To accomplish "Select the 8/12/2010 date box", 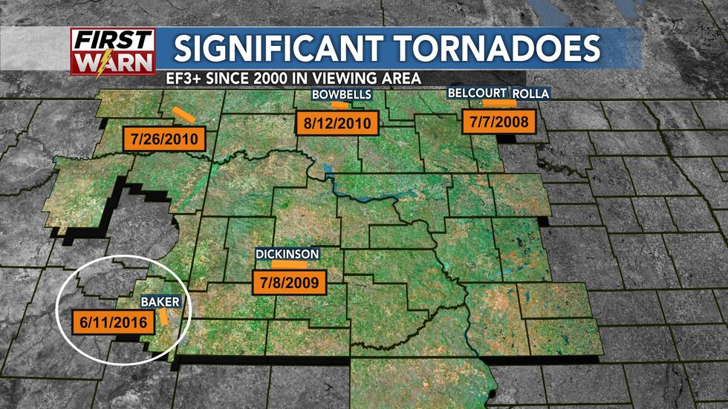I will (337, 122).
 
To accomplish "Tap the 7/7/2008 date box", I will (498, 121).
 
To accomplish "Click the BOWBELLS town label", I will (340, 95).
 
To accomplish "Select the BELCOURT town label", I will (477, 93).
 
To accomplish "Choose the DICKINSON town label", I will (287, 254).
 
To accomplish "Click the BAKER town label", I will (158, 303).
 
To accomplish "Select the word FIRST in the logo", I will (114, 39).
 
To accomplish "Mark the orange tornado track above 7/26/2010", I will (183, 115).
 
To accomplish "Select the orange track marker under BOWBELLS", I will (339, 105).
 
